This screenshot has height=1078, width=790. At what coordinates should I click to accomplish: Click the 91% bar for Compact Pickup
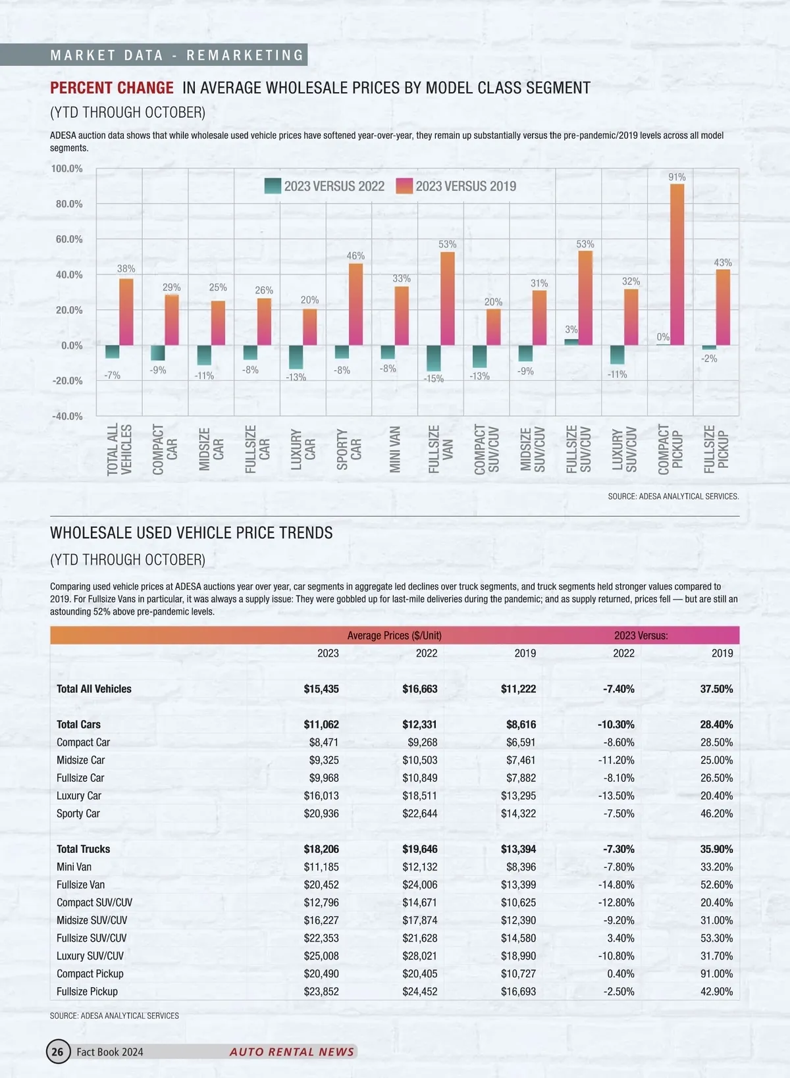(677, 265)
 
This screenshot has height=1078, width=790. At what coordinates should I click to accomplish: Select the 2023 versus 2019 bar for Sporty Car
(355, 304)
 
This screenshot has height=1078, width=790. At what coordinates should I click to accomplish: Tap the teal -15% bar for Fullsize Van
(433, 358)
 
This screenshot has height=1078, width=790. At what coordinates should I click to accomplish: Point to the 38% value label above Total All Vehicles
(126, 269)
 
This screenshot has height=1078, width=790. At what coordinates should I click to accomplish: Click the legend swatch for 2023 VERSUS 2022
(273, 186)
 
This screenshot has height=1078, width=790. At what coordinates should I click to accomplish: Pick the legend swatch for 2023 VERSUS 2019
(404, 186)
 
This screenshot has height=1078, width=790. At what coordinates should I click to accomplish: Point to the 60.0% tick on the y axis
(69, 240)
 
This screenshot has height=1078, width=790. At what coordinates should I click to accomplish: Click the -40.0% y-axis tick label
(68, 416)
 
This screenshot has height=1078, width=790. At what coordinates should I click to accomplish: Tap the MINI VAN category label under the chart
(395, 449)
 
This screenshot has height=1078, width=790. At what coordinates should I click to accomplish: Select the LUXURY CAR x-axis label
(303, 449)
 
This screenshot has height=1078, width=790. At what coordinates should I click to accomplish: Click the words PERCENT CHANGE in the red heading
(112, 88)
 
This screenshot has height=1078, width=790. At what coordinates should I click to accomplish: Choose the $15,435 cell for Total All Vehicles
(321, 689)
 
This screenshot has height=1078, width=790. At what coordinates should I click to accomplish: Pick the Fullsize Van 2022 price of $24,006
(420, 885)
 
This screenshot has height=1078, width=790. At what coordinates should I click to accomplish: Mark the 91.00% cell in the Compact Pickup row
(716, 973)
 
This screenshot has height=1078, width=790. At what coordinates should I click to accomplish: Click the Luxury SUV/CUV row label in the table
(90, 956)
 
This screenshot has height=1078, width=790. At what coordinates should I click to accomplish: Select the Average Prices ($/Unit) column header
(394, 636)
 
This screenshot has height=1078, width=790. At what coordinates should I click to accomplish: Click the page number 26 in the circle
(58, 1052)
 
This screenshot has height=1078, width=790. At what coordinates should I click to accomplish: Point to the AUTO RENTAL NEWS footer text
(292, 1052)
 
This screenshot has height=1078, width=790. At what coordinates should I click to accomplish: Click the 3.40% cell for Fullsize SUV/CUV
(619, 938)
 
